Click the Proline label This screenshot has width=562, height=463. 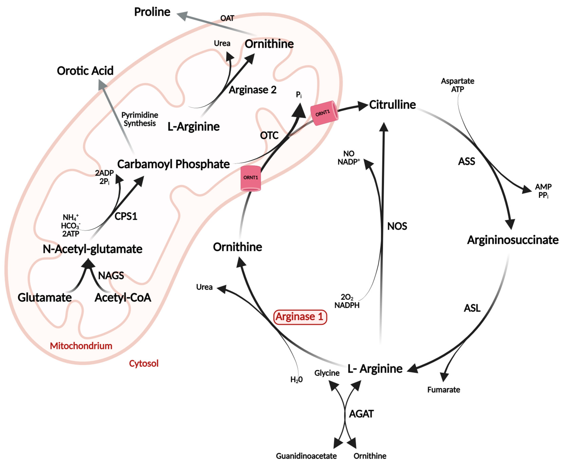click(x=152, y=12)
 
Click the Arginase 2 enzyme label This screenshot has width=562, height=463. click(x=253, y=90)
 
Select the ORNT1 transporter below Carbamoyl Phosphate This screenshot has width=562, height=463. click(x=250, y=178)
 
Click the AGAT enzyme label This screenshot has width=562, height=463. click(x=361, y=414)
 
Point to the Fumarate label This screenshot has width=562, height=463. click(x=444, y=390)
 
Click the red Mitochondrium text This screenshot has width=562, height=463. click(x=81, y=346)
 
